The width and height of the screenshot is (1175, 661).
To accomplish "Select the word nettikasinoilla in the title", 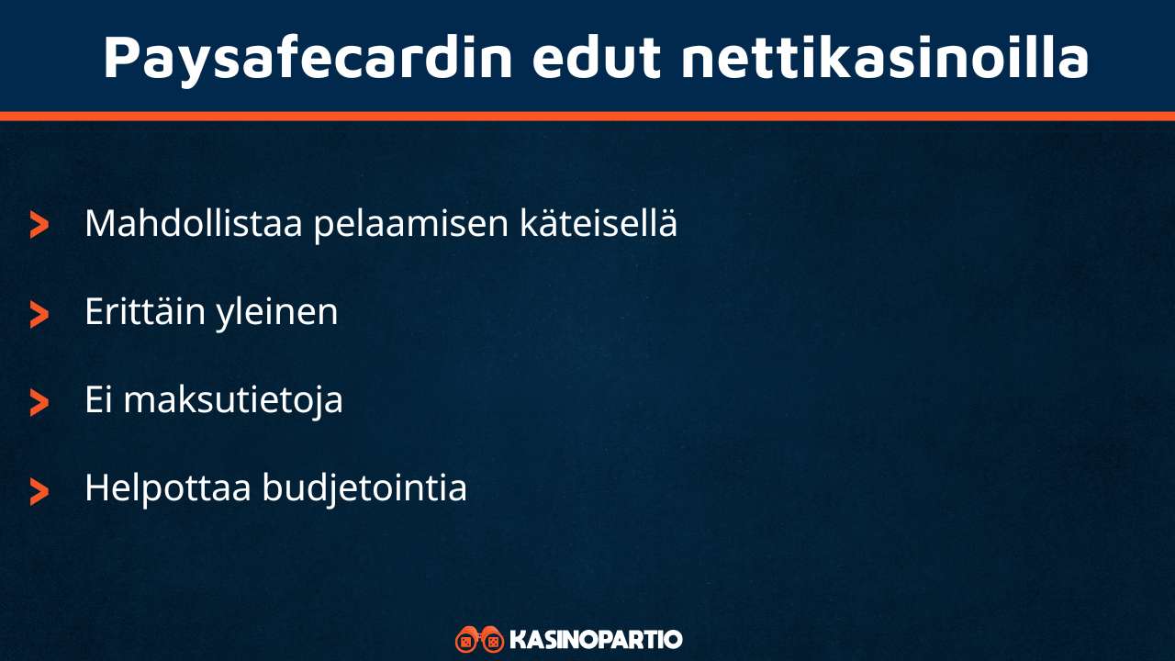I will click(x=884, y=57).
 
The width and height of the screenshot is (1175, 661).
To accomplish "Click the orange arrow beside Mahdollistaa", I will click(x=39, y=225).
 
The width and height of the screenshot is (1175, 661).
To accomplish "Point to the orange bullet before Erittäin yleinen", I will click(x=39, y=314).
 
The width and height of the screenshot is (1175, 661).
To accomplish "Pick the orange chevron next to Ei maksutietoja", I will click(x=39, y=402).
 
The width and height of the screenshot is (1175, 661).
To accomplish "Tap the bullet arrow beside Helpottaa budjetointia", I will click(x=39, y=490).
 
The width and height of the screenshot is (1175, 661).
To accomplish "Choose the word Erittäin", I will click(x=144, y=312).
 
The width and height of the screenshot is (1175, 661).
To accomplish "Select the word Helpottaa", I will click(x=167, y=488).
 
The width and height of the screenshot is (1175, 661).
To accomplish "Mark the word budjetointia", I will click(x=364, y=489).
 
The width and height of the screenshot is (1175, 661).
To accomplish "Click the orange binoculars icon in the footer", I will click(x=479, y=639).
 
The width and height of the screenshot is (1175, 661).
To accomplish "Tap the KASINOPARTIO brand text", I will click(x=596, y=639).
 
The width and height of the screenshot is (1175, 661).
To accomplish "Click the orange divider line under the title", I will click(x=587, y=116).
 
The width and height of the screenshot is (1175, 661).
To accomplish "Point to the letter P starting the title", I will click(x=122, y=57).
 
